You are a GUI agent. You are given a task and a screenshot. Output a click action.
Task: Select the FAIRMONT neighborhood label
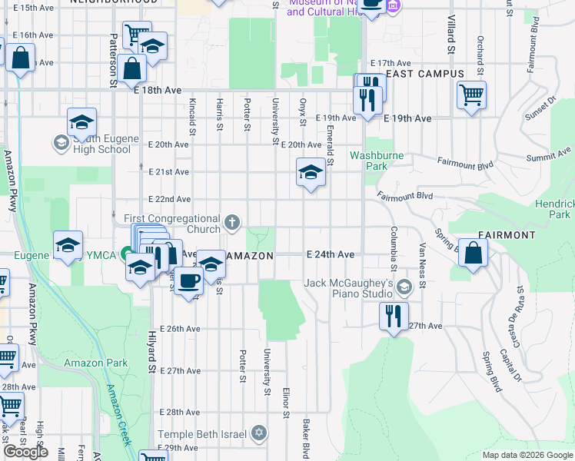506,234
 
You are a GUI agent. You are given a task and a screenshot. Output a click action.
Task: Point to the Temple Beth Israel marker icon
259,434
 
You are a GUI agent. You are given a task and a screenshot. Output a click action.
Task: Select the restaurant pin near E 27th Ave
393,315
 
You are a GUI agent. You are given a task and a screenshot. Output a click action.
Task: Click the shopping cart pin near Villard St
471,95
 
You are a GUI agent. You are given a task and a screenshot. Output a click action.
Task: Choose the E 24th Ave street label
330,254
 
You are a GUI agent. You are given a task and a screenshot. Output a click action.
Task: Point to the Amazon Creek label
118,415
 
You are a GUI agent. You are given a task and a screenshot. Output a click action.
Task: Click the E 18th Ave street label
157,90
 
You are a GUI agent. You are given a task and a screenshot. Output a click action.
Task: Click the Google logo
26,452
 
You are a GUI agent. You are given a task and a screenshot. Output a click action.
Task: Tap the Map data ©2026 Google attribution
527,455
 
